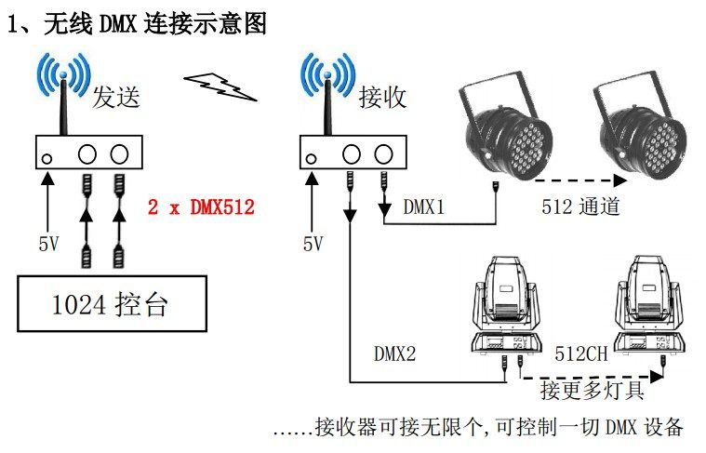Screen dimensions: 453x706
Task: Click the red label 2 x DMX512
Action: tap(201, 207)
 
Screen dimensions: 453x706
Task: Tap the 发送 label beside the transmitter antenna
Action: tap(116, 97)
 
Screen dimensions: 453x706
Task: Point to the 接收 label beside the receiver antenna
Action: tap(382, 97)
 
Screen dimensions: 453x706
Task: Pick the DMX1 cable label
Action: tap(424, 207)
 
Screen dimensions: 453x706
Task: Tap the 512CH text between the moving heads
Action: tap(581, 353)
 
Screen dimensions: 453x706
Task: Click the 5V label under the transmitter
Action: tap(48, 245)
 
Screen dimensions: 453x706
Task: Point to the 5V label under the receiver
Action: tap(313, 245)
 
